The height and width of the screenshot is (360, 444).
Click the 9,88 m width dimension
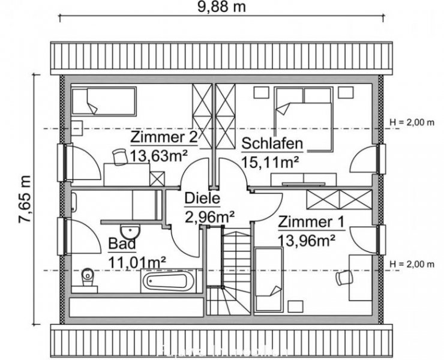222,7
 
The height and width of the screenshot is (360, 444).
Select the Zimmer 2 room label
163,138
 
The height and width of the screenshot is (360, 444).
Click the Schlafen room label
272,144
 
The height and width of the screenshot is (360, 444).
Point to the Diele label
202,199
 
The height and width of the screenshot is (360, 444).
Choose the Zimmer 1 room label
311,222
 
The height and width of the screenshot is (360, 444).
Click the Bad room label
122,244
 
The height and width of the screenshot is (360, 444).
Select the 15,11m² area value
270,161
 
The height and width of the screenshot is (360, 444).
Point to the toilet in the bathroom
88,278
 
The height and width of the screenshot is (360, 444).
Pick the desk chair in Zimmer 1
344,278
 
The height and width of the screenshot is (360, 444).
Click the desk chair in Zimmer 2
119,156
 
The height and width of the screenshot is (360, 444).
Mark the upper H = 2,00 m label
411,122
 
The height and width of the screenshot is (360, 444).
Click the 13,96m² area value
306,240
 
